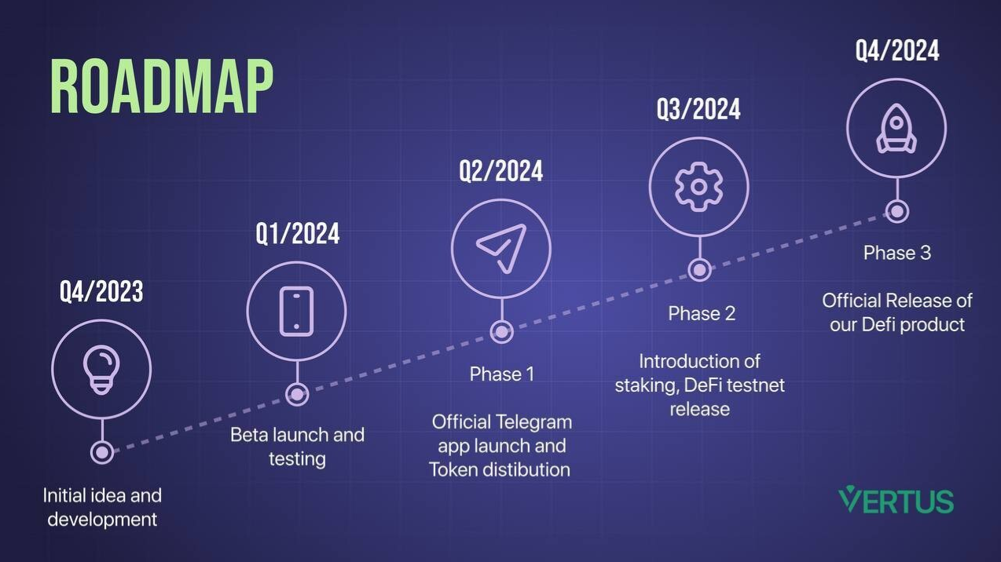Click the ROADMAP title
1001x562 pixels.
point(161,86)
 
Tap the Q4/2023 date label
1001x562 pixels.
point(101,291)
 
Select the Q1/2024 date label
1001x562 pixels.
point(298,233)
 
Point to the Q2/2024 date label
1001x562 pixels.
point(501,171)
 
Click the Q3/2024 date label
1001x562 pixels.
point(698,109)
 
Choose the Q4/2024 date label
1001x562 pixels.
point(897,50)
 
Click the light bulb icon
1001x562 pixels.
point(101,370)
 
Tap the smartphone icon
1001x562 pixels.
point(297,311)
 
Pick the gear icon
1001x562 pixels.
point(699,187)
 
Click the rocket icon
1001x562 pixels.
point(896,129)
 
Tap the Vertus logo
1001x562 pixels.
point(896,500)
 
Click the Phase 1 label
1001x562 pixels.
point(502,374)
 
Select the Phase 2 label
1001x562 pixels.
point(702,313)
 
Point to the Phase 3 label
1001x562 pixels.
point(897,253)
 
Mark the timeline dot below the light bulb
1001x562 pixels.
point(102,453)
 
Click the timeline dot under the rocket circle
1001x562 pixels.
point(896,212)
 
